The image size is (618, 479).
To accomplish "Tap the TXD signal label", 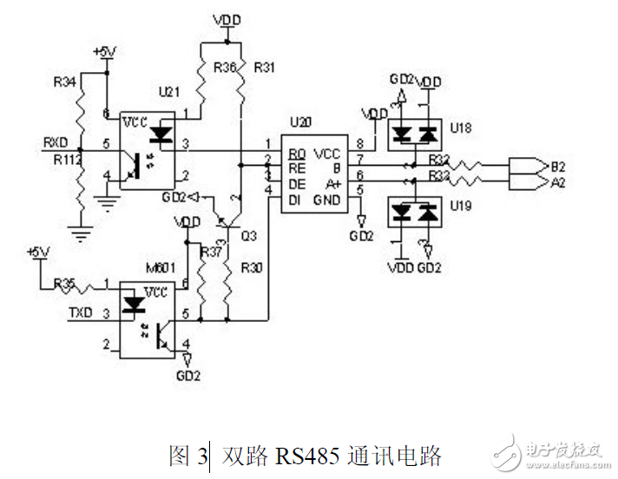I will click(x=80, y=312).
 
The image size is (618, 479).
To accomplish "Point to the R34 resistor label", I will click(x=65, y=82).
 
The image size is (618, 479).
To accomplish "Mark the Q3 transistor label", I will click(x=248, y=234).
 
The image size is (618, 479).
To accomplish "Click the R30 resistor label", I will click(x=253, y=267).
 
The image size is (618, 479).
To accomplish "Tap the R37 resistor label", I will click(x=211, y=252).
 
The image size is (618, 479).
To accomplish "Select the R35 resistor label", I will click(x=65, y=283).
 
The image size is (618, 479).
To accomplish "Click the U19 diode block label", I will click(x=462, y=206).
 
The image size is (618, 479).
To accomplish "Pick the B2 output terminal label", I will click(x=559, y=165).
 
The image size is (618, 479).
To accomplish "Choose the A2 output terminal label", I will click(x=559, y=182).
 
